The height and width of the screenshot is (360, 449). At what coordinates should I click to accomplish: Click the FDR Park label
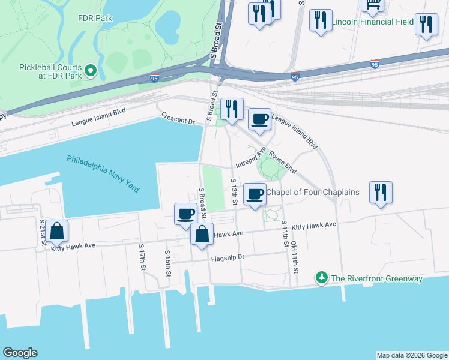click(95, 17)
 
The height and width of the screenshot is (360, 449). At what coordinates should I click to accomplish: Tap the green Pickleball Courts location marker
click(91, 71)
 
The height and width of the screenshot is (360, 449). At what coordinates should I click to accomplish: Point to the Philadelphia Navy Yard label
click(103, 174)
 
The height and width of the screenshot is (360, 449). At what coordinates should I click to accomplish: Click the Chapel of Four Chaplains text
click(313, 193)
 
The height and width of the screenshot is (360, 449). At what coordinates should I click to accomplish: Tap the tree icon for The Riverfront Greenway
click(322, 278)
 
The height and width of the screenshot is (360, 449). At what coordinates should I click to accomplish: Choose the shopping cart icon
click(372, 6)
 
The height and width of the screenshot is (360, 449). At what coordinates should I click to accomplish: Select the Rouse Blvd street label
click(283, 161)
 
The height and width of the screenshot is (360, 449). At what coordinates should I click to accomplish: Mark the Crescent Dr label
click(179, 118)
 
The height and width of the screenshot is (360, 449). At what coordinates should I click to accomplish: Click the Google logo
click(20, 353)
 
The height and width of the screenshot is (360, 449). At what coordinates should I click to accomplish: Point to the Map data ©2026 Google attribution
click(412, 355)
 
